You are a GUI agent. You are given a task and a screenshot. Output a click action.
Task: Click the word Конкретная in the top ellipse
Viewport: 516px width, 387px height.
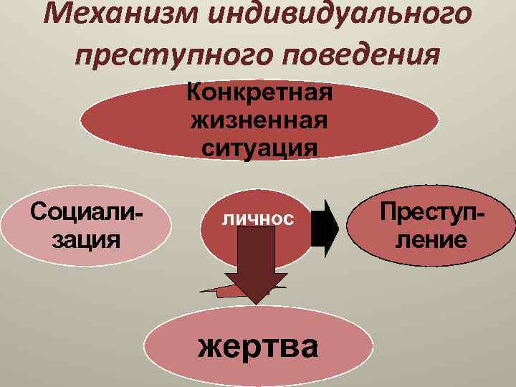point(259,93)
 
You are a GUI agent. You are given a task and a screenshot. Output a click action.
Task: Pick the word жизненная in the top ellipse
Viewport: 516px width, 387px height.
point(259,120)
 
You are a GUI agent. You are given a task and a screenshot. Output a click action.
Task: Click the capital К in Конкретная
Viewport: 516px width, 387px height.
point(195,93)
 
